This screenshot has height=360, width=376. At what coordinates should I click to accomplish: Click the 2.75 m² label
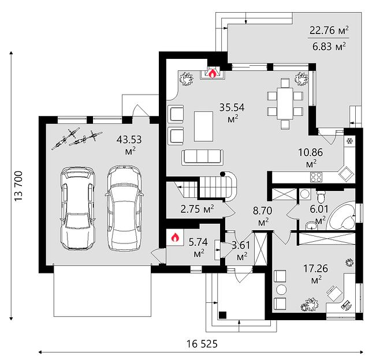pos(197,209)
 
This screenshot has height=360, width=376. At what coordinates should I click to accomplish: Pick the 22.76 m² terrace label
pos(329,30)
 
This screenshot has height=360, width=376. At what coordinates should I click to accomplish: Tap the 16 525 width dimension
pos(202,344)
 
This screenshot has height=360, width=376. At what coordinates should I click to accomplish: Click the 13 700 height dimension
pos(18,186)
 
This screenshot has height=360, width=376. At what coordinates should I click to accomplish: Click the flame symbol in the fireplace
pos(212,73)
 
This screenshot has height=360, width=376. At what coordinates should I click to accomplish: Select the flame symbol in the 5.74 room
pos(175,237)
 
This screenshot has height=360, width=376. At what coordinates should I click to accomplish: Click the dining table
pos(285,104)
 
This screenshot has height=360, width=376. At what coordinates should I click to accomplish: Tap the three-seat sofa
pos(202,157)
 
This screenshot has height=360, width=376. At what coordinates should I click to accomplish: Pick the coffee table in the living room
pos(203,126)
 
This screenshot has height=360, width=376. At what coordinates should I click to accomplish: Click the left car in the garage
pos(77,208)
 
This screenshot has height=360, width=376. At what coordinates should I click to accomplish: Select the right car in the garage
pos(124,208)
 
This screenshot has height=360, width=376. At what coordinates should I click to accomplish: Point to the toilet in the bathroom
pos(320,197)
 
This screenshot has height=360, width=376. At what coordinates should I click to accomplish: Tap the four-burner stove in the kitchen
pos(316,177)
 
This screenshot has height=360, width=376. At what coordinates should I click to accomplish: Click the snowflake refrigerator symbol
pos(349,141)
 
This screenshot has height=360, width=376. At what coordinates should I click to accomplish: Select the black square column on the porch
pos(223,315)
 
